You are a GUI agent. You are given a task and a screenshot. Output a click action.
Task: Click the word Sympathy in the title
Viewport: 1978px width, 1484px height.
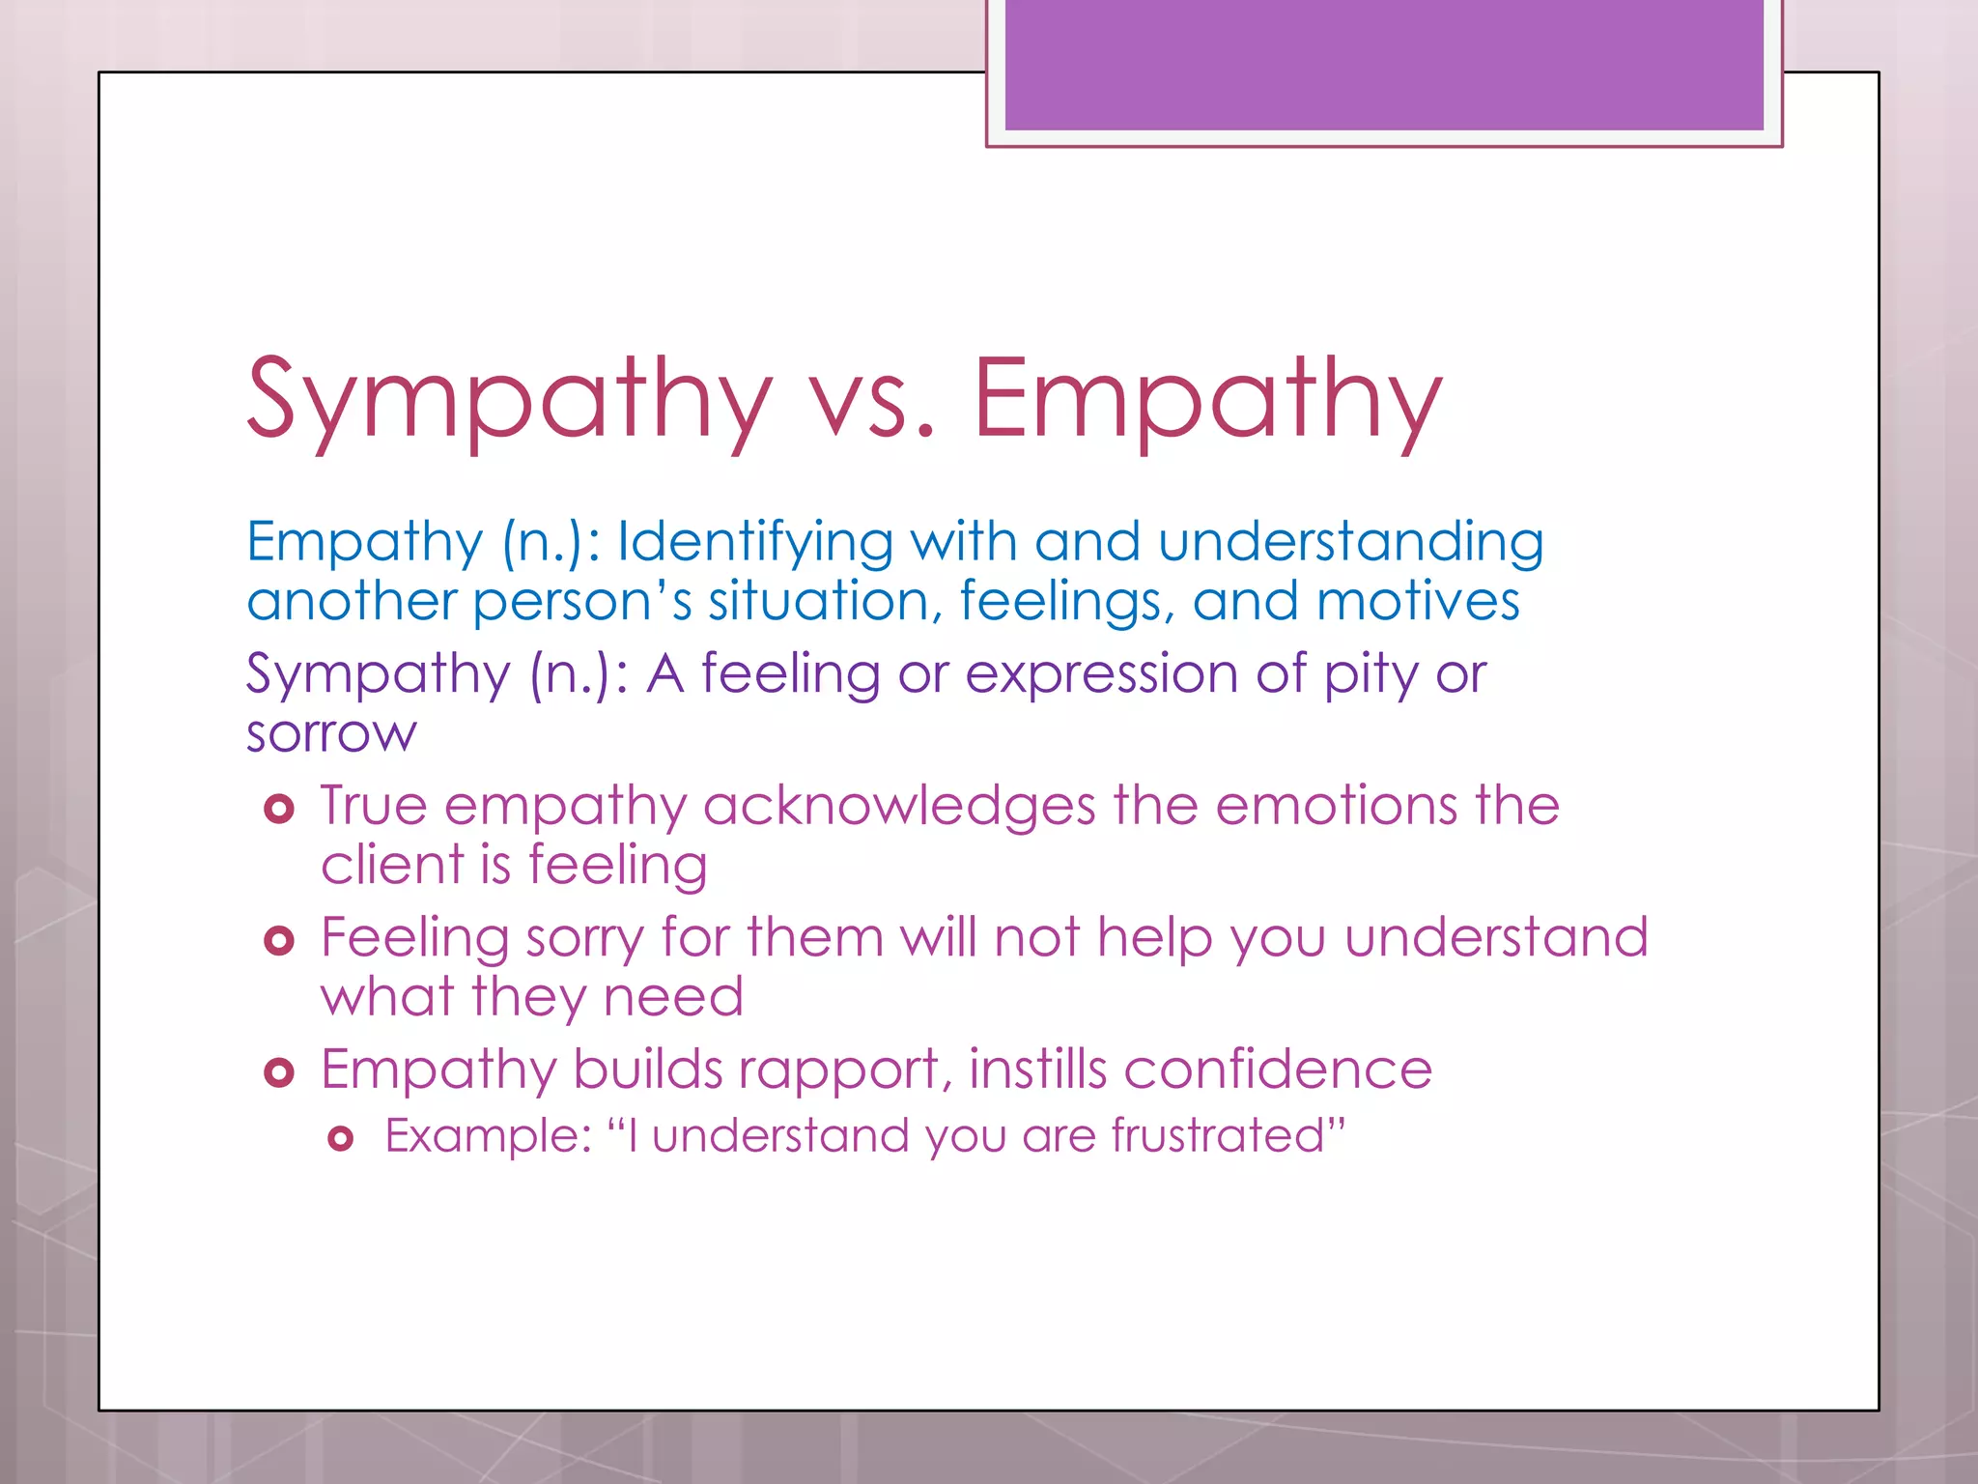(x=510, y=399)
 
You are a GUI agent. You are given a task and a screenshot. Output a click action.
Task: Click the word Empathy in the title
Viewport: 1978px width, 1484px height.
(x=1207, y=399)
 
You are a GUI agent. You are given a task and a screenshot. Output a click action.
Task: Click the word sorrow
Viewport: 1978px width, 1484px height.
(x=331, y=733)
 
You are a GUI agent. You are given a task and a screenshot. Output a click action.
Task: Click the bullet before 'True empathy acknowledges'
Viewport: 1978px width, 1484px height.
(x=278, y=809)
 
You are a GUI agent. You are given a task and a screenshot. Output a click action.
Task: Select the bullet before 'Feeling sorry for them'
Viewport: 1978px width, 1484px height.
(x=278, y=940)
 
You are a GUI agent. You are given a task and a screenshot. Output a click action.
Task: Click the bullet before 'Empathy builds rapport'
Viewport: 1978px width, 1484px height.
(x=278, y=1071)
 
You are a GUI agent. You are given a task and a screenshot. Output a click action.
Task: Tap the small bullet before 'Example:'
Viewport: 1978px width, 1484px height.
(x=340, y=1139)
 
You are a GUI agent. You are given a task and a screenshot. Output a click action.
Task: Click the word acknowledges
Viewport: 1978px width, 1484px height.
(x=899, y=806)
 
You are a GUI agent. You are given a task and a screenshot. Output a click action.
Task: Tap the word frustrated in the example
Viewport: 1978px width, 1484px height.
(x=1216, y=1135)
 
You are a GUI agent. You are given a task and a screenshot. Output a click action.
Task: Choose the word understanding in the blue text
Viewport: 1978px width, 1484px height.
(x=1350, y=542)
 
